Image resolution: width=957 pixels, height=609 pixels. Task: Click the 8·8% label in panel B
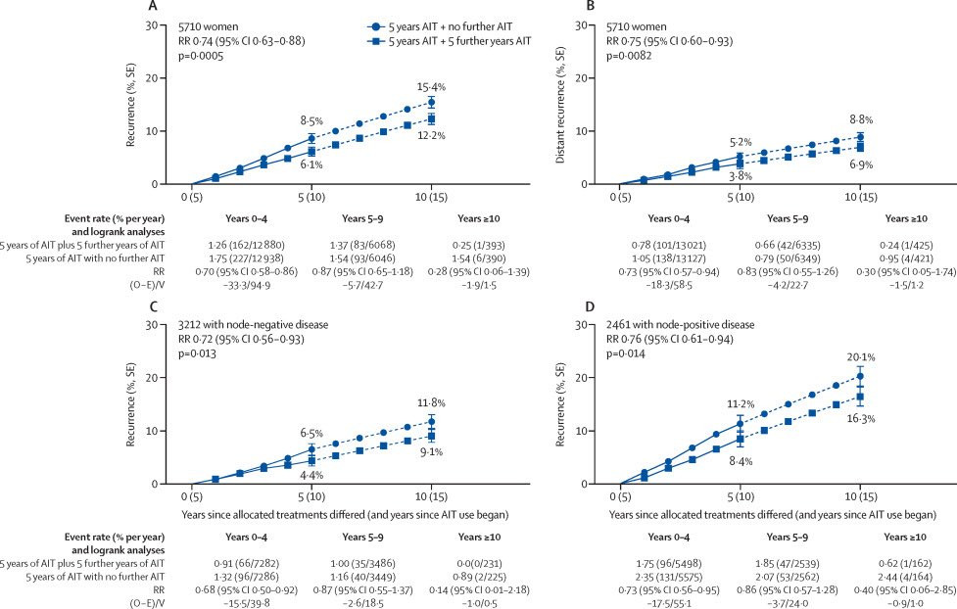[860, 118]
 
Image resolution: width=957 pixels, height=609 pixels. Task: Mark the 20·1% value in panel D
[859, 357]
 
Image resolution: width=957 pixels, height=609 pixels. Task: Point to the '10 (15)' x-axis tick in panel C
[431, 496]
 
